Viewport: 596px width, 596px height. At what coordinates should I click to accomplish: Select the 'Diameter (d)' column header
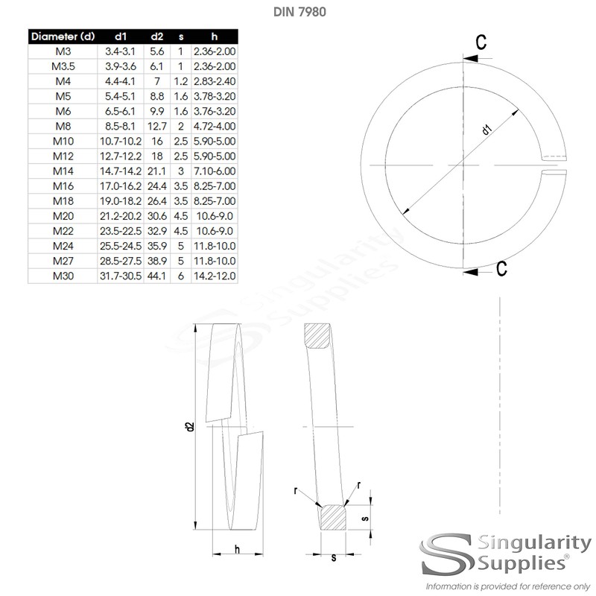click(63, 35)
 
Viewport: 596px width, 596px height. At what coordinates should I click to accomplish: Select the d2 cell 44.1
click(157, 276)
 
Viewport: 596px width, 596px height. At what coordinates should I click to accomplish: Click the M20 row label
click(63, 217)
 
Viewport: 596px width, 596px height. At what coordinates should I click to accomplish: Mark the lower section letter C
click(501, 268)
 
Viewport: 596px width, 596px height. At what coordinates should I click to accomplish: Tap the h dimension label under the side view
click(236, 549)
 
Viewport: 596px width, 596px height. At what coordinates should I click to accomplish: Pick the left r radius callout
click(296, 489)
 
